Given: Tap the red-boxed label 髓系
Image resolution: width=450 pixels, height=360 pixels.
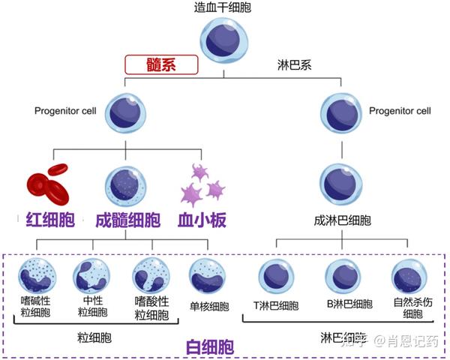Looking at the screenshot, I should coord(161,64).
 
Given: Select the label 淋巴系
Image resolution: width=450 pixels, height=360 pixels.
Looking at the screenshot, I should coord(294,64).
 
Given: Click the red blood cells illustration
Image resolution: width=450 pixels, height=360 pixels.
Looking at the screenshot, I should coord(46,181).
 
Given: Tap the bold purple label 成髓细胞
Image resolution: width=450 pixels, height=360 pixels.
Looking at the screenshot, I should coord(127,220).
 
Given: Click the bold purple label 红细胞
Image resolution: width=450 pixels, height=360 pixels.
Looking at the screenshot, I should coord(46,220).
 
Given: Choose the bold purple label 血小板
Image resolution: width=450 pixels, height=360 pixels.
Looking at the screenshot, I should coord(202,220).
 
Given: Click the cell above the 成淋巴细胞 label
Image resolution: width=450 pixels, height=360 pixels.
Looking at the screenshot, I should coord(342,184).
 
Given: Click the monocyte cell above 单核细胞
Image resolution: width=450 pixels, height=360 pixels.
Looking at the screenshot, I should coord(208,276).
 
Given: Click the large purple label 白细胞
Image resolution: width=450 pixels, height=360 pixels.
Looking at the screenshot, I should coord(208,346).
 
